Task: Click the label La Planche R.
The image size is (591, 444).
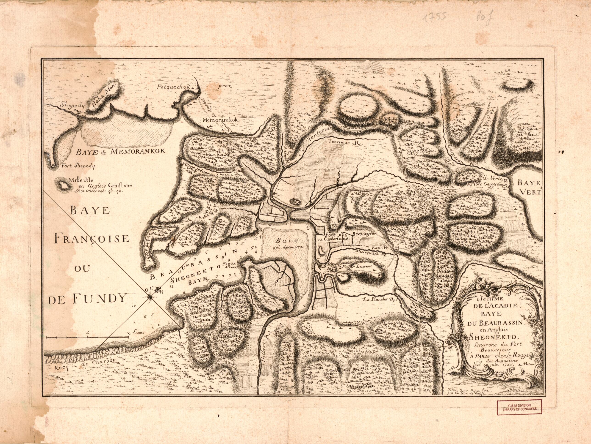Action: click(379, 299)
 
